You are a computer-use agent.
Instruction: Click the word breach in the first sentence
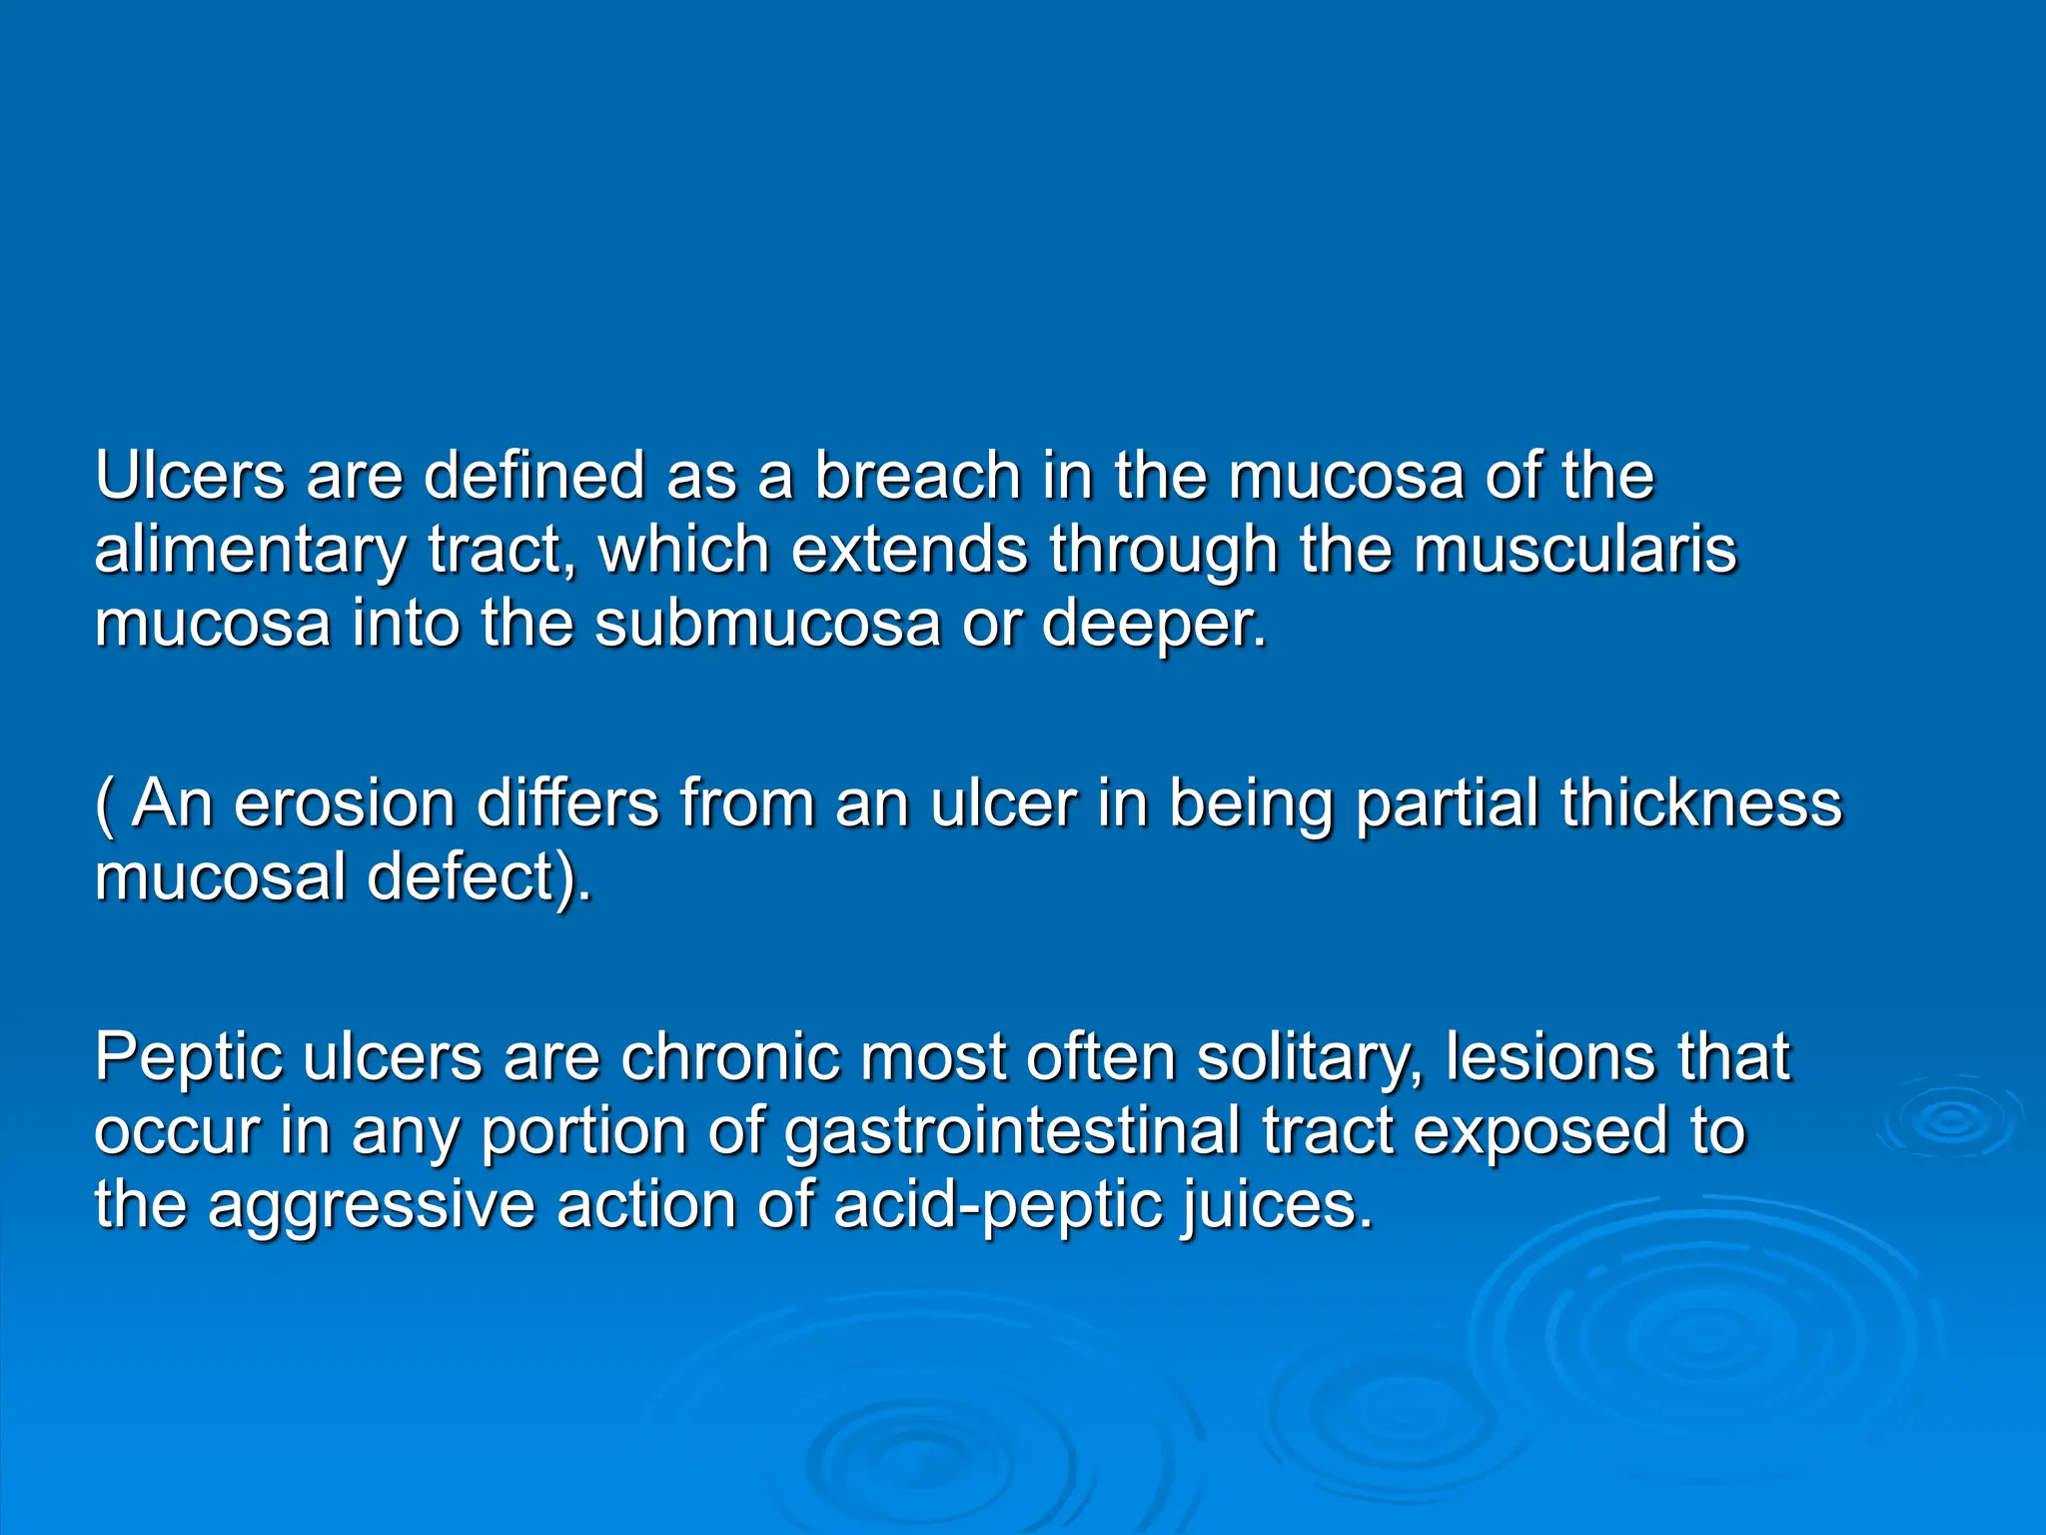[917, 476]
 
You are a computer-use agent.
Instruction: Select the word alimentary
[251, 551]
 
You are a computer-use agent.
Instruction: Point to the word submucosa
[767, 623]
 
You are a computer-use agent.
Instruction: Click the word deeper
[1153, 625]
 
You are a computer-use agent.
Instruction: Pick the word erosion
[344, 803]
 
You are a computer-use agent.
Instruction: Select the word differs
[567, 803]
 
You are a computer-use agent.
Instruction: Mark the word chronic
[729, 1057]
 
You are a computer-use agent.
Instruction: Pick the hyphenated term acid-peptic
[998, 1206]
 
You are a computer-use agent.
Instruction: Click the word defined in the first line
[534, 476]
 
